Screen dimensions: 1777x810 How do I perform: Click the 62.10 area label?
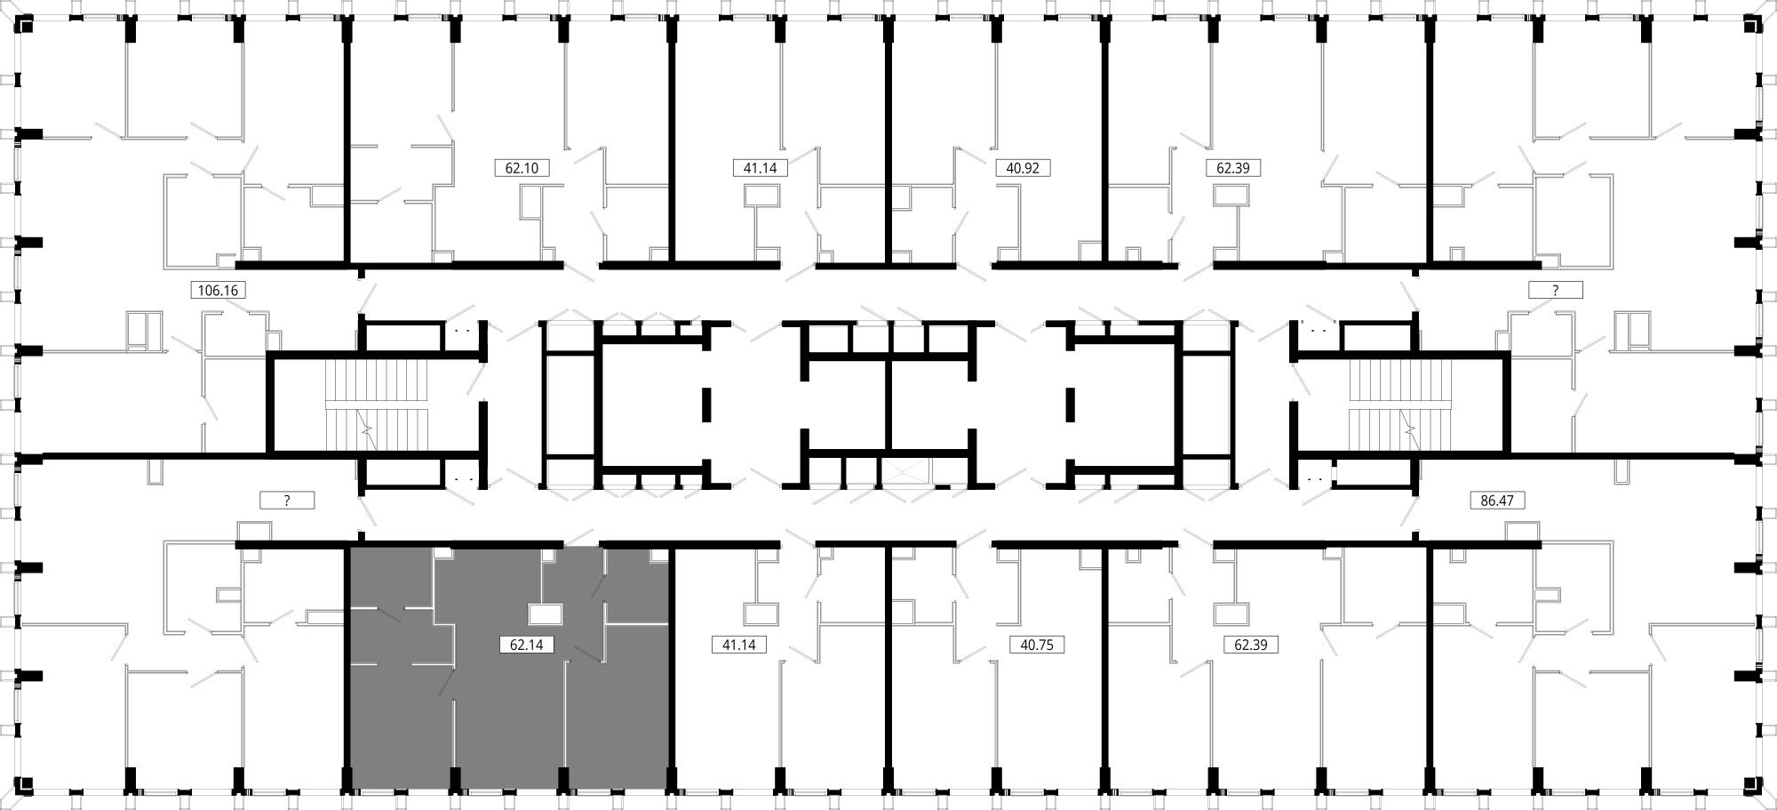[x=522, y=168]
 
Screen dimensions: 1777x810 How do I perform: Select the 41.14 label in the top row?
[x=761, y=168]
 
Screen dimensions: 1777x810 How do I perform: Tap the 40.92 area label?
[x=1023, y=168]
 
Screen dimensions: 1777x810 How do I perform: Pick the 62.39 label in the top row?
[x=1232, y=168]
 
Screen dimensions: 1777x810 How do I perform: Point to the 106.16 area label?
[x=219, y=290]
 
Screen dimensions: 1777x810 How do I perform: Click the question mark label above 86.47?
[x=1555, y=290]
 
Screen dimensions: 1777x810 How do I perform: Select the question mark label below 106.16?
[x=287, y=501]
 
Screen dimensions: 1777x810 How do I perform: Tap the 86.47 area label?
[x=1497, y=501]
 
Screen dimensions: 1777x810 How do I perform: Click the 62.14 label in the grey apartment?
[x=527, y=646]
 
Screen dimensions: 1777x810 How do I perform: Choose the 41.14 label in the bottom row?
[x=739, y=646]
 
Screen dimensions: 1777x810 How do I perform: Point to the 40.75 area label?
[x=1037, y=646]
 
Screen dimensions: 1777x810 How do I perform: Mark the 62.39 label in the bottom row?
[x=1250, y=646]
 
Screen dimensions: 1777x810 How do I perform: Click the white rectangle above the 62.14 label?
[x=545, y=614]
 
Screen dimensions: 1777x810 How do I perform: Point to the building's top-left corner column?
[x=26, y=25]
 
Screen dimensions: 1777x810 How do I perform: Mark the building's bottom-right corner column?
[x=1751, y=785]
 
